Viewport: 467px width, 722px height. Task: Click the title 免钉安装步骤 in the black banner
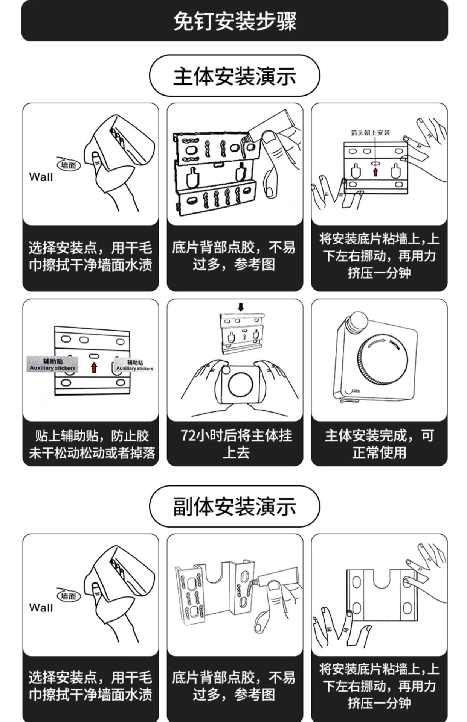234,21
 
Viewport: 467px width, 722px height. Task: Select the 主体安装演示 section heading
234,76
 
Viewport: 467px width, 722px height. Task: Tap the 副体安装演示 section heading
234,507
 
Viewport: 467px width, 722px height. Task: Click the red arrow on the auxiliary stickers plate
94,367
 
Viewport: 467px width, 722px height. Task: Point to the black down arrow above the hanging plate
241,307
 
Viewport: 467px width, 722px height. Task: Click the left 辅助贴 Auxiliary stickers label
52,364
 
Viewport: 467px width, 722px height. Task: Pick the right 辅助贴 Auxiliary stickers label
134,365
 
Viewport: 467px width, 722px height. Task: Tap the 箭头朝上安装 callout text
370,133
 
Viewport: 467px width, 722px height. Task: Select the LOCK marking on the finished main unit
355,391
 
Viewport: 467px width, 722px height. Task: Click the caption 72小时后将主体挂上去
236,444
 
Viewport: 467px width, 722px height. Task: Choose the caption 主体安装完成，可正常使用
379,444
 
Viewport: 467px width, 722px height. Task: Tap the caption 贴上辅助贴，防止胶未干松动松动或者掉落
92,444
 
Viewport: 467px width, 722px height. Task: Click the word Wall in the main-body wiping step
41,177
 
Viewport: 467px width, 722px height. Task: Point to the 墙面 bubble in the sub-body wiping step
69,596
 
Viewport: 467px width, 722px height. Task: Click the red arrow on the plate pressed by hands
375,172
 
